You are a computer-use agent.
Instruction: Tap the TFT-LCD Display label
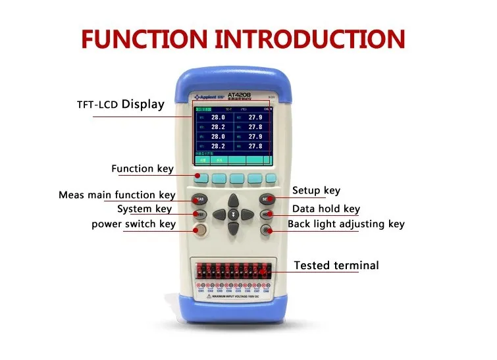[x=120, y=104]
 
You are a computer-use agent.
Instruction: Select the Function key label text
[x=142, y=169]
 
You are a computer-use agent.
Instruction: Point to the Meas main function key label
[x=117, y=195]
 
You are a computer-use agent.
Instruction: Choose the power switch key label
[x=134, y=224]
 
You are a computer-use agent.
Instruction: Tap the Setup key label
[x=316, y=191]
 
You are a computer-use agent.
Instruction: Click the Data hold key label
[x=326, y=209]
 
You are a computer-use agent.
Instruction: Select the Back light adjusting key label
[x=346, y=224]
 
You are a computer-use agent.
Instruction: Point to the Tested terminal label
[x=336, y=266]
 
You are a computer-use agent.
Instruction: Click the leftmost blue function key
[x=201, y=178]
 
